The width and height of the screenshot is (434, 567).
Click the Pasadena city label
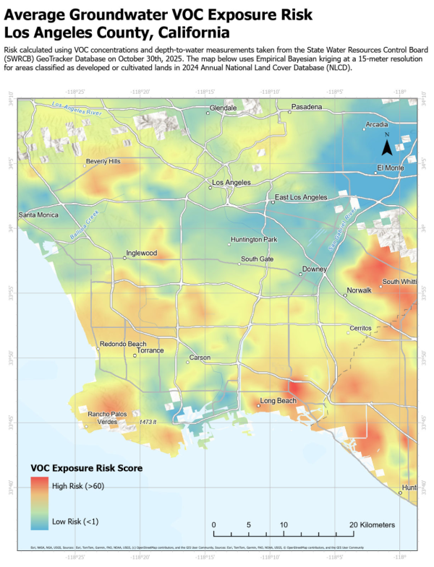point(307,107)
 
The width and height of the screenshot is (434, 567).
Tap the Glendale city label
point(223,108)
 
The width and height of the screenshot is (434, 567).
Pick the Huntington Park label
point(254,240)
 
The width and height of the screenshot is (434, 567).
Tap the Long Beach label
point(278,400)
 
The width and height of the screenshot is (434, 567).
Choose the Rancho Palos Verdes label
point(107,417)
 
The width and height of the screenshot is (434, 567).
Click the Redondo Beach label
point(122,344)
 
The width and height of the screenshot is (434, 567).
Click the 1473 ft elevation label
point(148,421)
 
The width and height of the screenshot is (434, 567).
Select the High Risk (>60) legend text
point(79,486)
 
